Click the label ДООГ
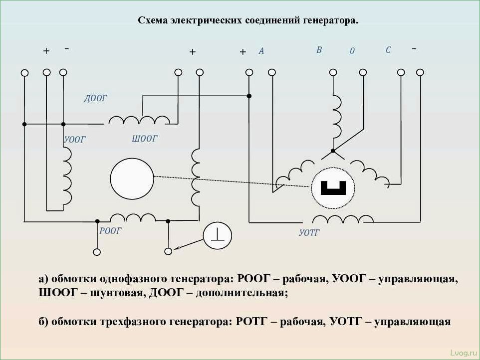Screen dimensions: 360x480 pos(95,99)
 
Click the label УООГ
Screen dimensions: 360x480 pos(75,140)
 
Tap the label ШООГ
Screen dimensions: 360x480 pos(145,139)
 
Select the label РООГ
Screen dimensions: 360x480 pos(110,231)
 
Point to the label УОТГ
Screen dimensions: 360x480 pos(309,232)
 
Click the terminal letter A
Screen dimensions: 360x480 pos(261,51)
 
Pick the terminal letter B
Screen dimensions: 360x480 pos(319,50)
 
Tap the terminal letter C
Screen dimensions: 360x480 pos(388,50)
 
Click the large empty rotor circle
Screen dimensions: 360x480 pos(132,178)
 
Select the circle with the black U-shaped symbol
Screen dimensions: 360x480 pos(333,188)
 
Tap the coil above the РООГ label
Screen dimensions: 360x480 pos(133,217)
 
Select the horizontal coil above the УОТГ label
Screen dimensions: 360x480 pos(342,219)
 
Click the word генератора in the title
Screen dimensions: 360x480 pos(327,21)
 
